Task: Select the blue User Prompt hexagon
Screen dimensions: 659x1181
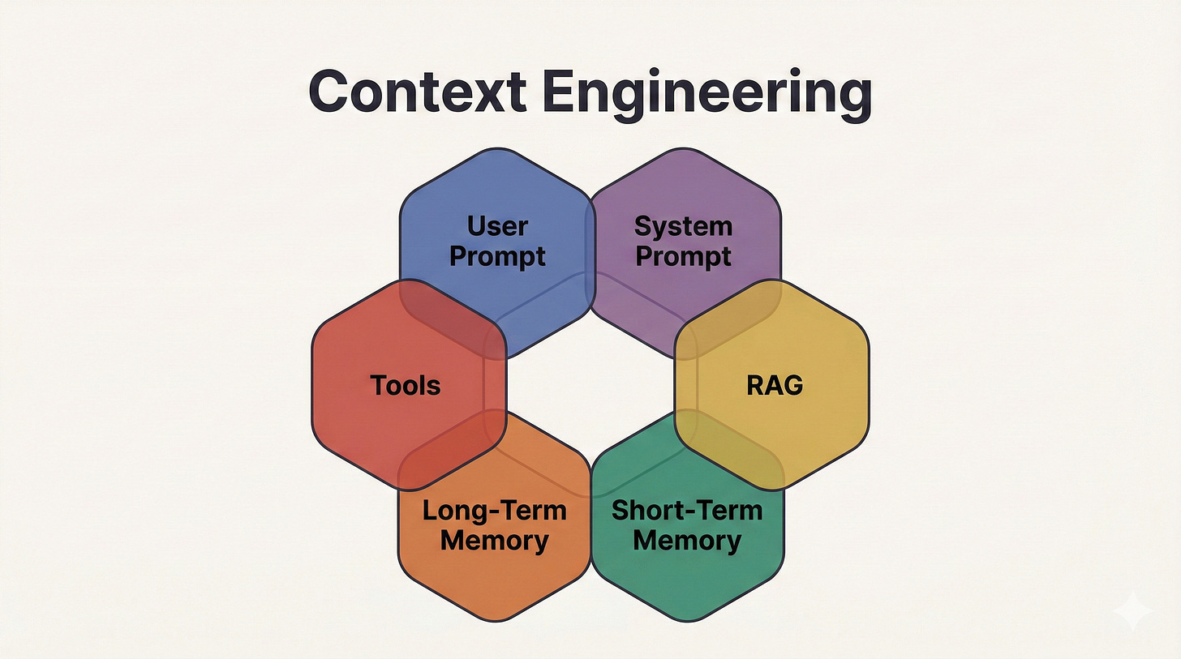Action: tap(497, 203)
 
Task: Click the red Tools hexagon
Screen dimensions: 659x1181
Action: tap(381, 413)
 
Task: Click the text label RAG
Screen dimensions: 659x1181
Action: tap(775, 385)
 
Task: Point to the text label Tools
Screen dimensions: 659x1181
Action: tap(406, 385)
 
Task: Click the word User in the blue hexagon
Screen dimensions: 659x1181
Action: tap(497, 226)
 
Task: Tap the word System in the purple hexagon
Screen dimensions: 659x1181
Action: tap(683, 226)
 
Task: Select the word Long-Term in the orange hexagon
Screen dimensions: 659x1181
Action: tap(494, 511)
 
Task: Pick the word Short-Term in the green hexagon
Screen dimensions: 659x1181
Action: tap(687, 511)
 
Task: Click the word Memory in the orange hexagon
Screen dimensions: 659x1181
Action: tap(494, 540)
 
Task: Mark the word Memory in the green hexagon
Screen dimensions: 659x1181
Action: tap(687, 540)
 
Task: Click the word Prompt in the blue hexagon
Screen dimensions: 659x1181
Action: tap(497, 256)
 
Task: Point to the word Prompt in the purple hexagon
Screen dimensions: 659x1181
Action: tap(683, 256)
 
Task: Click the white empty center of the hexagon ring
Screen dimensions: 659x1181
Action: tap(590, 381)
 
